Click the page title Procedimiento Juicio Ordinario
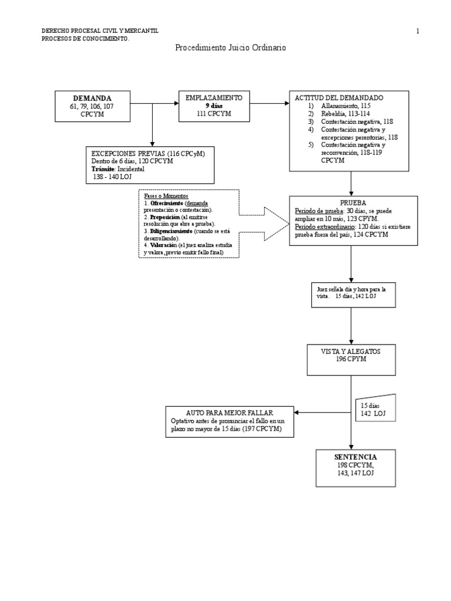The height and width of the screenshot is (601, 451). (230, 48)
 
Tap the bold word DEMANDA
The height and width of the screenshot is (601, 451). (92, 99)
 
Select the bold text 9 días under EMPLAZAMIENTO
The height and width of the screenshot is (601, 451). (214, 106)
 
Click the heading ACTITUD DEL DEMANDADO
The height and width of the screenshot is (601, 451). (339, 98)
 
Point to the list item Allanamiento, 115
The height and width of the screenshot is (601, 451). (346, 106)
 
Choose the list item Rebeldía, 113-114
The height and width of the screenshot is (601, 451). (345, 114)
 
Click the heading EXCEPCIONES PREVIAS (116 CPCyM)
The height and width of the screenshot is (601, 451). (148, 154)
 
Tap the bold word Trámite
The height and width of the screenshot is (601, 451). (103, 169)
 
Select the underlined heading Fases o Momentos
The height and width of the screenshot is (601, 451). (166, 196)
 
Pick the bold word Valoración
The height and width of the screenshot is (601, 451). (164, 245)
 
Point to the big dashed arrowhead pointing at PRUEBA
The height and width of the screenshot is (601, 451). (276, 224)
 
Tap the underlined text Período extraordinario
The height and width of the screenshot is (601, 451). (325, 227)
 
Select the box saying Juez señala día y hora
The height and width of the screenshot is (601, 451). (353, 295)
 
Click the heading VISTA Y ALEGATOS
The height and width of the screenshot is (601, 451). (351, 351)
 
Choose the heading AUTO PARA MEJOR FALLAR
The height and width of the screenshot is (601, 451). (230, 413)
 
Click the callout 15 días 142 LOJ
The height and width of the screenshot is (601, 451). (376, 408)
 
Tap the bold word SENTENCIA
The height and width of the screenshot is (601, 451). (355, 457)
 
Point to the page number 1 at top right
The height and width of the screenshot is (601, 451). (418, 32)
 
